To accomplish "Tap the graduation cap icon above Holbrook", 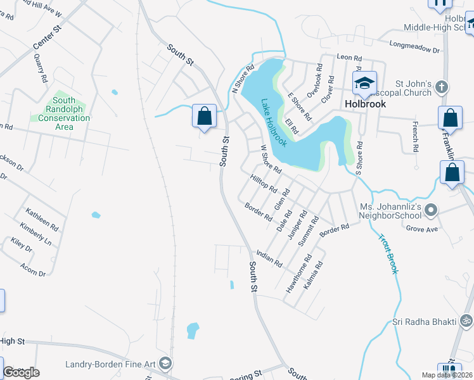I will pyautogui.click(x=364, y=83).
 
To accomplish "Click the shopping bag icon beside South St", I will pyautogui.click(x=204, y=116).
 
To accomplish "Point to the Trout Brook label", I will pyautogui.click(x=388, y=254).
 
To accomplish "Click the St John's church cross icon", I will pyautogui.click(x=442, y=87).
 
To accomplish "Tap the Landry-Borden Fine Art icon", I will pyautogui.click(x=165, y=363).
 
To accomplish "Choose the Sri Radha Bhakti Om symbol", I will pyautogui.click(x=466, y=321).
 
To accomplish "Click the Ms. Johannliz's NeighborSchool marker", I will pyautogui.click(x=431, y=209).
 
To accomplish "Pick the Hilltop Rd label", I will pyautogui.click(x=264, y=184).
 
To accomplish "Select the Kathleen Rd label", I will pyautogui.click(x=42, y=218).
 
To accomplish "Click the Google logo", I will pyautogui.click(x=21, y=372).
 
